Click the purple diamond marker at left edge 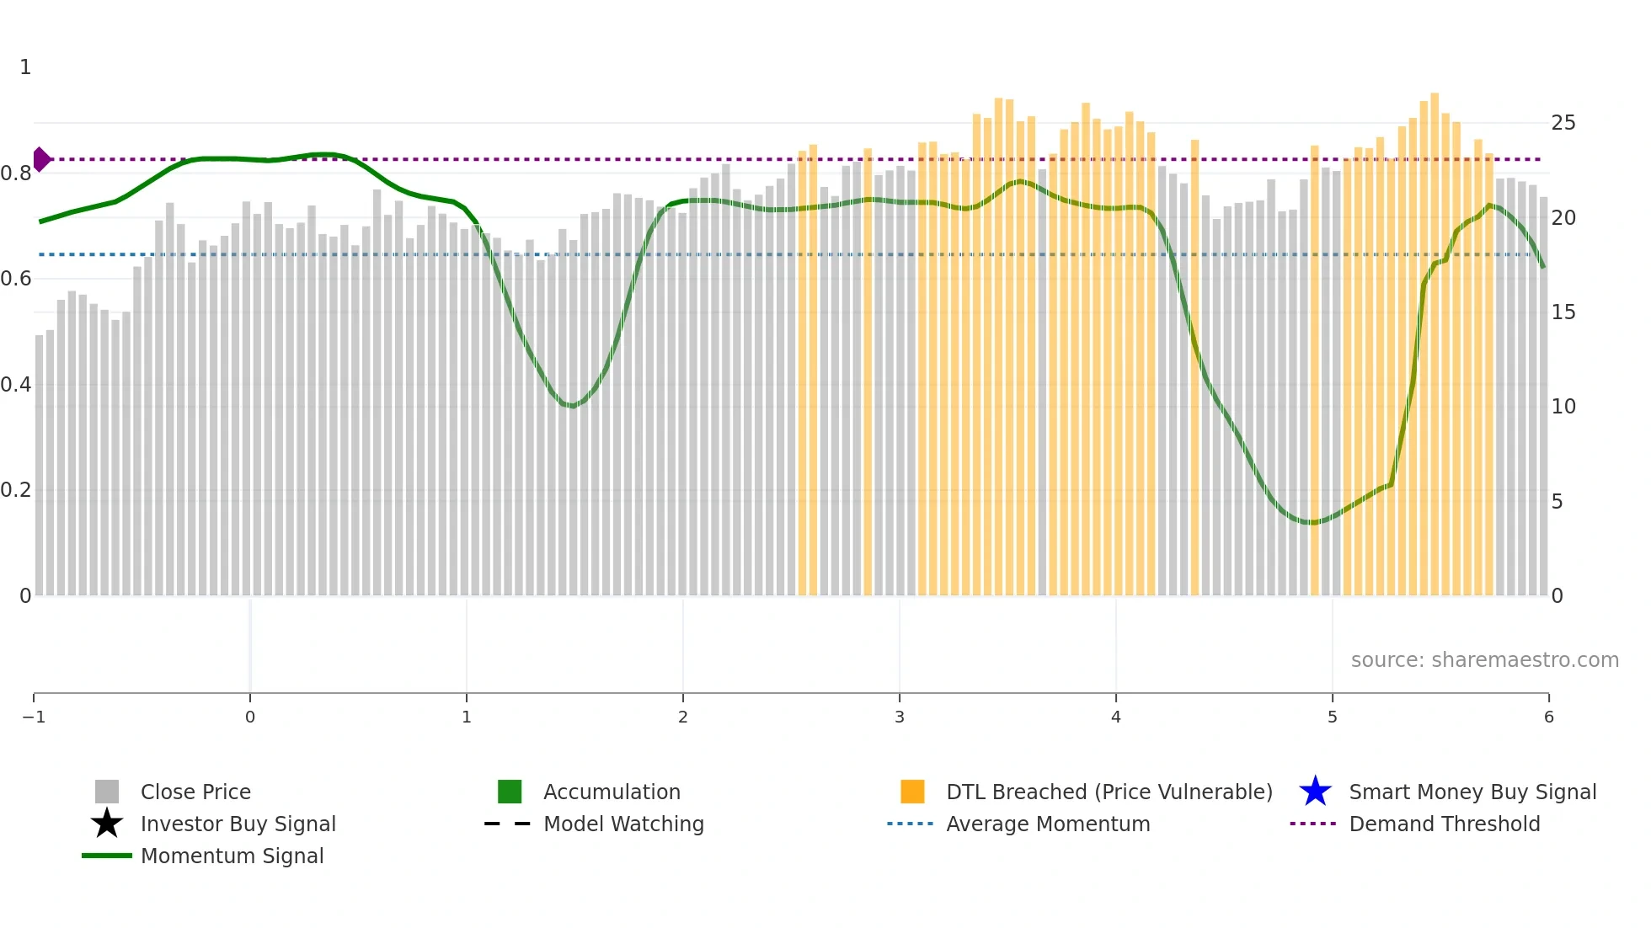tap(41, 159)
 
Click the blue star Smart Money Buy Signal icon tap(1315, 792)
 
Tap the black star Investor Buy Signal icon tap(107, 824)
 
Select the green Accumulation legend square tap(510, 792)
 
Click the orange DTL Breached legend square tap(912, 792)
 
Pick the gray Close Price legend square tap(107, 792)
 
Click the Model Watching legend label tap(623, 824)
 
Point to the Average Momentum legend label tap(1048, 824)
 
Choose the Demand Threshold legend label tap(1444, 824)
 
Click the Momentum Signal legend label tap(232, 856)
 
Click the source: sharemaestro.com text tap(1484, 659)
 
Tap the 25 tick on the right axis tap(1563, 123)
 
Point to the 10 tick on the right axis tap(1563, 407)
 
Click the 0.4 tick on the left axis tap(16, 385)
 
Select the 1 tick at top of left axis tap(25, 67)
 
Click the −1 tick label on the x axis tap(34, 717)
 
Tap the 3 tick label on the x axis tap(899, 717)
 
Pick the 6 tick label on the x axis tap(1548, 717)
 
